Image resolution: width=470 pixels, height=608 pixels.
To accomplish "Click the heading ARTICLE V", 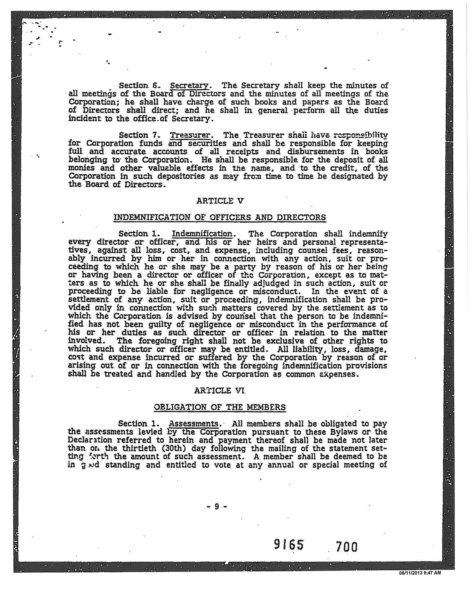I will [x=220, y=201].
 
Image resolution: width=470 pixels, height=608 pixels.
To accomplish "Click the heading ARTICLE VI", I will [x=220, y=391].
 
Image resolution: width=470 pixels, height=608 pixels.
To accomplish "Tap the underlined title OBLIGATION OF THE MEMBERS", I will [x=220, y=407].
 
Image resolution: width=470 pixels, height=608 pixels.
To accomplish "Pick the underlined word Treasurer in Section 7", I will [x=190, y=135].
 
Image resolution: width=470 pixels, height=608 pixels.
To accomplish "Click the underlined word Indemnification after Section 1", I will [x=202, y=234].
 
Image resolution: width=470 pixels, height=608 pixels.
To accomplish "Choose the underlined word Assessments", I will [x=194, y=424].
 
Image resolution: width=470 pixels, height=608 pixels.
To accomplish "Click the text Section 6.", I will [x=136, y=85].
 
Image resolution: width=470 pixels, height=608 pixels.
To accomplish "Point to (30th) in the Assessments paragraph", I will [x=192, y=449].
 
